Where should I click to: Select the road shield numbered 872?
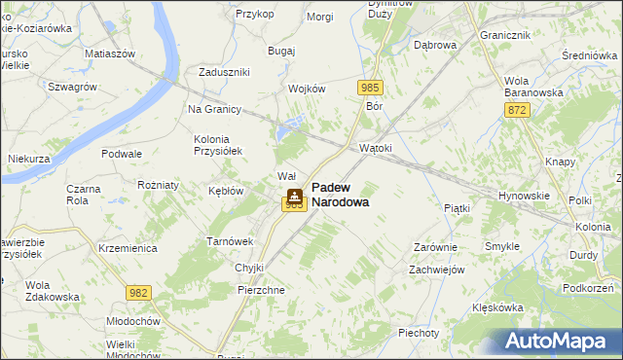pyautogui.click(x=517, y=112)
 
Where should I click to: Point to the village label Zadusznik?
pyautogui.click(x=225, y=72)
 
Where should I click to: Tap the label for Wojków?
pyautogui.click(x=306, y=89)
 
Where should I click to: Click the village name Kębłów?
pyautogui.click(x=226, y=191)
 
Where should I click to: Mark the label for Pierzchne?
pyautogui.click(x=261, y=290)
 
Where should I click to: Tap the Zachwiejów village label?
pyautogui.click(x=436, y=270)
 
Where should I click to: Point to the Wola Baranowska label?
pyautogui.click(x=530, y=86)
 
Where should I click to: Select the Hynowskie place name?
pyautogui.click(x=524, y=196)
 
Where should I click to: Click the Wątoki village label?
pyautogui.click(x=376, y=148)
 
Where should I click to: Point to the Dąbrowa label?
pyautogui.click(x=435, y=45)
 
